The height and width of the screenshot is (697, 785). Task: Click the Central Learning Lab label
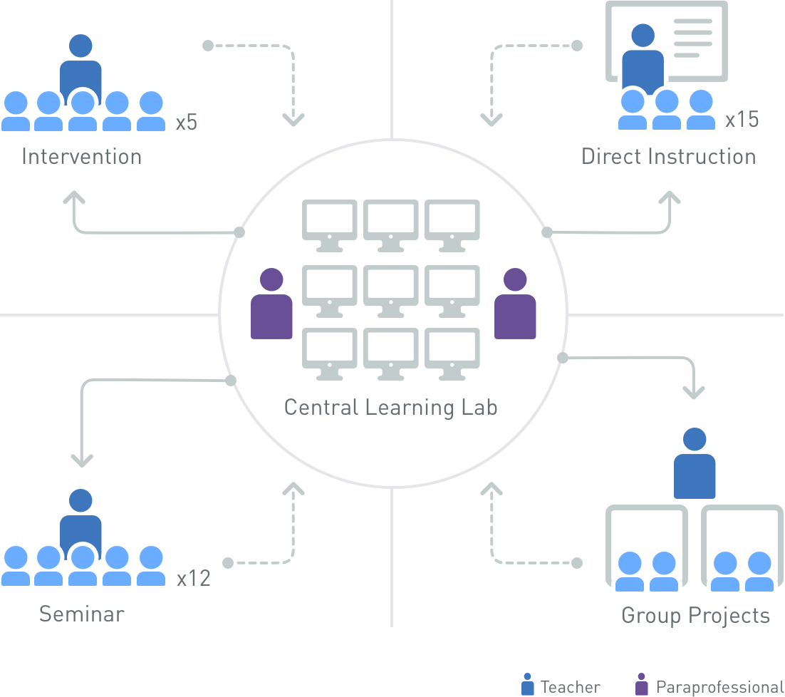pos(390,408)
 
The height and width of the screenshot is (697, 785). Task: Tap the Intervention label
pos(82,157)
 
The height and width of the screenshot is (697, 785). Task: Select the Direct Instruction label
pos(669,157)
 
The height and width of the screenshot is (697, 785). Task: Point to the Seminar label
pos(82,614)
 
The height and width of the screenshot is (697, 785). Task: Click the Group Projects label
pos(695,616)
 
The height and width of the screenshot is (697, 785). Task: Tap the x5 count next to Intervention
pos(187,123)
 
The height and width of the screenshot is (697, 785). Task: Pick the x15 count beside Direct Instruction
pos(742,120)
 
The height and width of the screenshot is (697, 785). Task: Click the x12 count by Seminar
pos(194,578)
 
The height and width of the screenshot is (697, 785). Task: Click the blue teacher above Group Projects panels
pos(695,463)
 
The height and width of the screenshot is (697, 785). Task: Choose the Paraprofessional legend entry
pos(709,686)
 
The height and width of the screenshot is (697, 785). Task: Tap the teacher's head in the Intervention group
pos(80,46)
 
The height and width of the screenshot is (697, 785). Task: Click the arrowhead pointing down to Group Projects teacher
pos(694,392)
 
